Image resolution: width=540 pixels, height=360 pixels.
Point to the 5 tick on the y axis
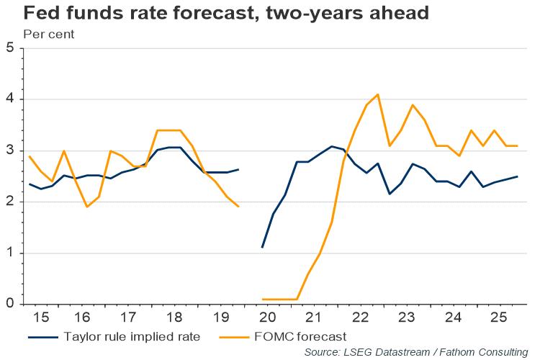pos(9,48)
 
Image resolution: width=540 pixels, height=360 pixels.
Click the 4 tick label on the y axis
pos(9,99)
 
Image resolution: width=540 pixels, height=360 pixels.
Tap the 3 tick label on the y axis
pos(9,150)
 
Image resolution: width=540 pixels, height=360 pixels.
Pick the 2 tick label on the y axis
pos(9,202)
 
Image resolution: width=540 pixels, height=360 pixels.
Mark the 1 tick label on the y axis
pos(9,253)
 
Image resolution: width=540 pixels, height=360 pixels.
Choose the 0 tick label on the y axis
pos(9,304)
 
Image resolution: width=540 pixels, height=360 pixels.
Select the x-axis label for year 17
pos(127,318)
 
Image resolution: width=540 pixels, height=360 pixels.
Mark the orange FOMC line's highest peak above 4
pos(378,94)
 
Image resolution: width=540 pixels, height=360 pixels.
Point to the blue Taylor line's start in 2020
pos(262,247)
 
